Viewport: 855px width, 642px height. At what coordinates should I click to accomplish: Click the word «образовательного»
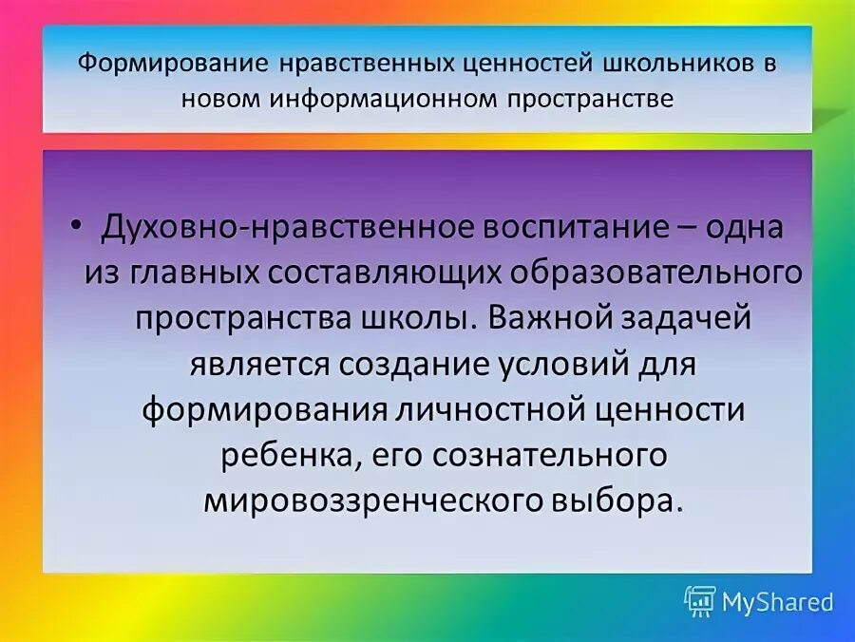pos(655,274)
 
